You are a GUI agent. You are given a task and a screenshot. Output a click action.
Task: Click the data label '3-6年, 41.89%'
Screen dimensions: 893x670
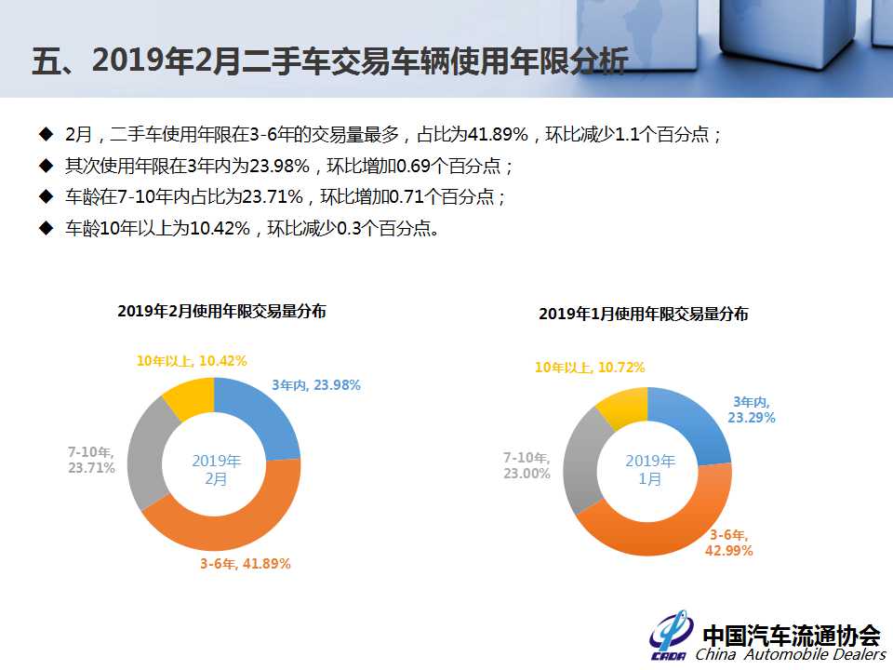pyautogui.click(x=245, y=564)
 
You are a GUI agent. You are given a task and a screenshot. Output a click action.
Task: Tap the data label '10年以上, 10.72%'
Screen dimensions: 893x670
pyautogui.click(x=590, y=368)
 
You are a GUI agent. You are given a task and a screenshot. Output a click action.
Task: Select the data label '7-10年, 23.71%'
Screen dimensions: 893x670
pyautogui.click(x=91, y=460)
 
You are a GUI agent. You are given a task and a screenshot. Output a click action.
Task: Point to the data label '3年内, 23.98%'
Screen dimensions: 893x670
pyautogui.click(x=316, y=385)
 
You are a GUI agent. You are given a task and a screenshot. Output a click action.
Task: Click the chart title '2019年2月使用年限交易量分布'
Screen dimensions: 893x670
pyautogui.click(x=221, y=311)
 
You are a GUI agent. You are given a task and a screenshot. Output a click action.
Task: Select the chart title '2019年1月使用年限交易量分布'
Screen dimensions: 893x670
pyautogui.click(x=644, y=314)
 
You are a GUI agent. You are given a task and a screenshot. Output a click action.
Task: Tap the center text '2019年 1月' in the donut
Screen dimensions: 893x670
pyautogui.click(x=650, y=469)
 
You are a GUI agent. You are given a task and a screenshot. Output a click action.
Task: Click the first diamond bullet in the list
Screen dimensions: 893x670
pyautogui.click(x=46, y=134)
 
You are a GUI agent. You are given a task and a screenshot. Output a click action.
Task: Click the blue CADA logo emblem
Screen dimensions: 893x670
pyautogui.click(x=671, y=636)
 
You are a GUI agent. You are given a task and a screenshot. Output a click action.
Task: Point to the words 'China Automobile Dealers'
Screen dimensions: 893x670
pyautogui.click(x=791, y=654)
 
